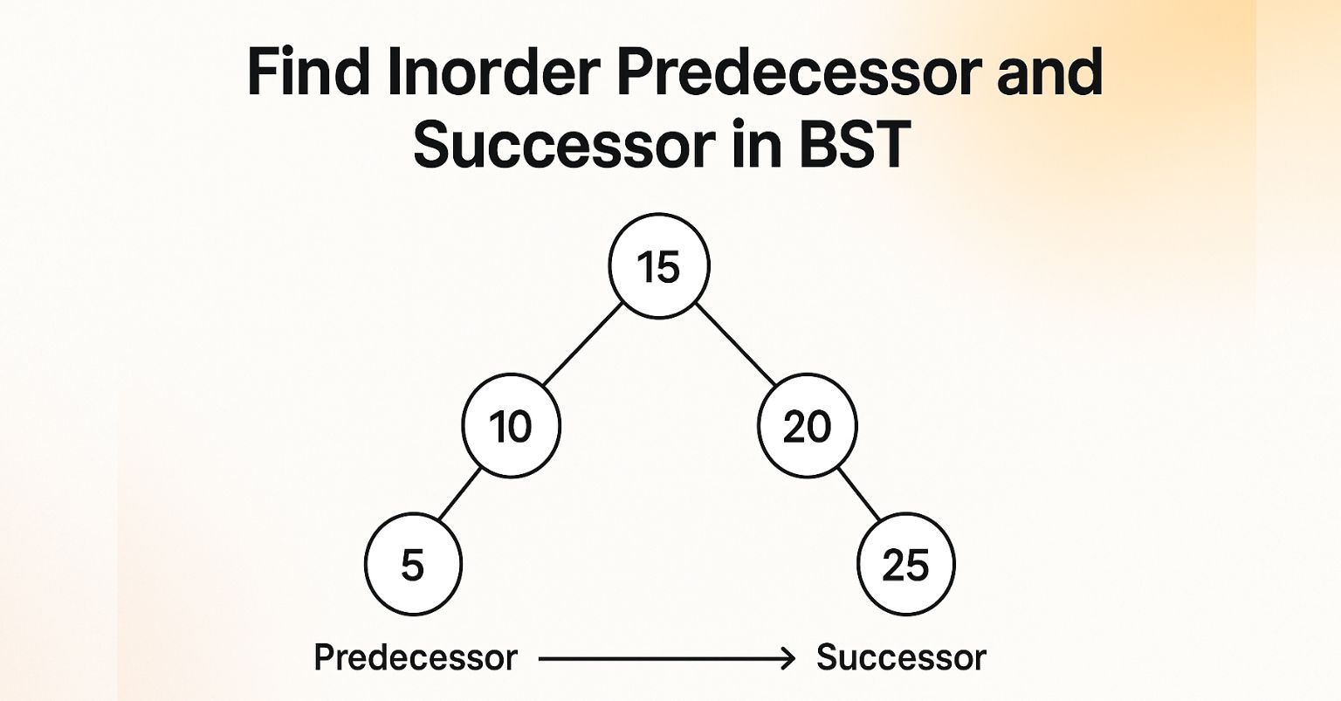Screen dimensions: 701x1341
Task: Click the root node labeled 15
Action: pyautogui.click(x=659, y=266)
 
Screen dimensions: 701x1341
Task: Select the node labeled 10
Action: pyautogui.click(x=511, y=427)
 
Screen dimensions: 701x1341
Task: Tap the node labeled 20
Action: pyautogui.click(x=808, y=427)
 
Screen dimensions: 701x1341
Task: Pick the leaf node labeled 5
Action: pyautogui.click(x=412, y=565)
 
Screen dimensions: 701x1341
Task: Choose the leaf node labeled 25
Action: pyautogui.click(x=906, y=565)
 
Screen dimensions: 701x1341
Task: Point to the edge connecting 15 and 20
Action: pyautogui.click(x=735, y=344)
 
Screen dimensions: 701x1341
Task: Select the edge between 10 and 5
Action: pyautogui.click(x=459, y=495)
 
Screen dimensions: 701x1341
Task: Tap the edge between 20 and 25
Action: pyautogui.click(x=859, y=494)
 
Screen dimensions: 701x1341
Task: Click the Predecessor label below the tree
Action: pyautogui.click(x=416, y=657)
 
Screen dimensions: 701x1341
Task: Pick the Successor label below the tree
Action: pyautogui.click(x=901, y=657)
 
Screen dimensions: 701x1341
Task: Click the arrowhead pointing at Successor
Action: pyautogui.click(x=788, y=658)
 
